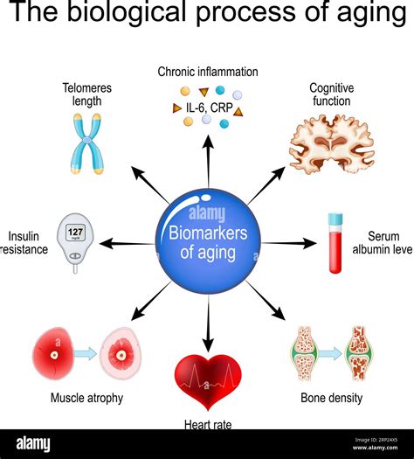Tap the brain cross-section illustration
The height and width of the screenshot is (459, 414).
click(x=331, y=143)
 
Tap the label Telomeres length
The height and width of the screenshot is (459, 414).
click(x=86, y=94)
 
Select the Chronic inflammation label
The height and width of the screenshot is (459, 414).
click(x=207, y=72)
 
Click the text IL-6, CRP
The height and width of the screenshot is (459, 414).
click(x=208, y=107)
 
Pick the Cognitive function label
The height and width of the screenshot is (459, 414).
click(x=331, y=94)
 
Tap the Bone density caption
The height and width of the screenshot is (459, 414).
click(x=332, y=399)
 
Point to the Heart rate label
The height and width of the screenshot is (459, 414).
click(x=208, y=424)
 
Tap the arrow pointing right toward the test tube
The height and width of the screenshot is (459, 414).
click(x=289, y=242)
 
